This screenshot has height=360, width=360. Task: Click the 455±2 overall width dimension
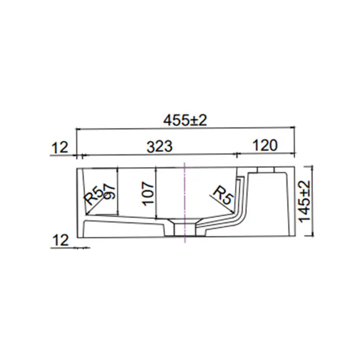click(x=185, y=120)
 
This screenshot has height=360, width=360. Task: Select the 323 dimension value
click(x=159, y=147)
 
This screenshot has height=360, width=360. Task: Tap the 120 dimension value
click(x=264, y=146)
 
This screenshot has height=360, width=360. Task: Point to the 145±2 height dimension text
click(x=305, y=201)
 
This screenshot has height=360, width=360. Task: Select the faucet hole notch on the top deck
click(x=266, y=170)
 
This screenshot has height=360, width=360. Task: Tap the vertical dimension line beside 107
click(x=155, y=193)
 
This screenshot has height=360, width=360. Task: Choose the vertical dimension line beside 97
click(x=118, y=191)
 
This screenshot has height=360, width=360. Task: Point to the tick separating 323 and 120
click(x=237, y=154)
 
